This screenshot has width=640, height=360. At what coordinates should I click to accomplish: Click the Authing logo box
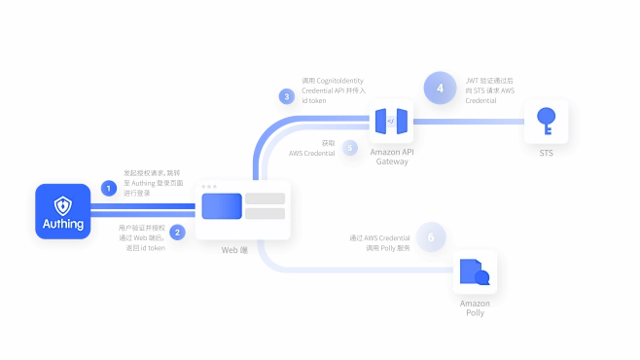coord(62,211)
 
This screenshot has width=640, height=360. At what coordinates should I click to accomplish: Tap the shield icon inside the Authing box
coord(62,204)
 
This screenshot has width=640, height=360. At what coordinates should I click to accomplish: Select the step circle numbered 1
coord(109,188)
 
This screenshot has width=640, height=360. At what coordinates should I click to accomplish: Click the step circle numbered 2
coord(177,232)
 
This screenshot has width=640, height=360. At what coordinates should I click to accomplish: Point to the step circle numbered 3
coord(286,96)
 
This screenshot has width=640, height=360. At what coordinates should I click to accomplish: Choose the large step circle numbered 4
coord(440,88)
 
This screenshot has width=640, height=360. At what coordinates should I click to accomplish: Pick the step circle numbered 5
coord(351,149)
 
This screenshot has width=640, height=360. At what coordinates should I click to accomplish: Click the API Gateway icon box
coord(391,123)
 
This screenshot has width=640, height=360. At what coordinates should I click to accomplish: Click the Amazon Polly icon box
coord(475,272)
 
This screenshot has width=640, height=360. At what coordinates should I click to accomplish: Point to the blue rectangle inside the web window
coord(222,206)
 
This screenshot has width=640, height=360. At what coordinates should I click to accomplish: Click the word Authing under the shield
coord(62,225)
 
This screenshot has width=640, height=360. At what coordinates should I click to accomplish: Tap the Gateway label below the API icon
coord(392,162)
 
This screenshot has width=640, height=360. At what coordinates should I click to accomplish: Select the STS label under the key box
coord(546,152)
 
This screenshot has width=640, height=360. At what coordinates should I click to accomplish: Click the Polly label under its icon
coord(475,313)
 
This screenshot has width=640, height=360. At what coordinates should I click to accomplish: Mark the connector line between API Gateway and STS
coord(469,123)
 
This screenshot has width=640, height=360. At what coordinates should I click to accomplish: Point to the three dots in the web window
coord(208,186)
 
